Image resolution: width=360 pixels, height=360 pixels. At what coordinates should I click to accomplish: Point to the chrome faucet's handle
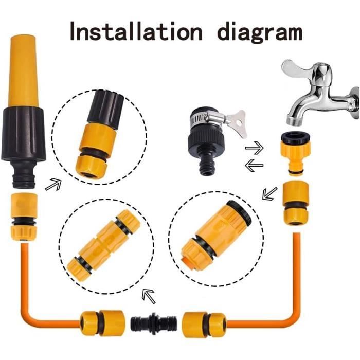click(x=298, y=70)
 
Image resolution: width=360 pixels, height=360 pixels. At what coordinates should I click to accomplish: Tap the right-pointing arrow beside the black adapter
click(x=254, y=149)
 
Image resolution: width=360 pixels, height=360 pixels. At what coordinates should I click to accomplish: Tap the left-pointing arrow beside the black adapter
click(x=254, y=166)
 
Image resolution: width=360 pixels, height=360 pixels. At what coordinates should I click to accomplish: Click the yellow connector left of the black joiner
click(x=102, y=322)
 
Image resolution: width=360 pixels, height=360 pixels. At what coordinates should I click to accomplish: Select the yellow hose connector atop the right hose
click(x=296, y=203)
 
